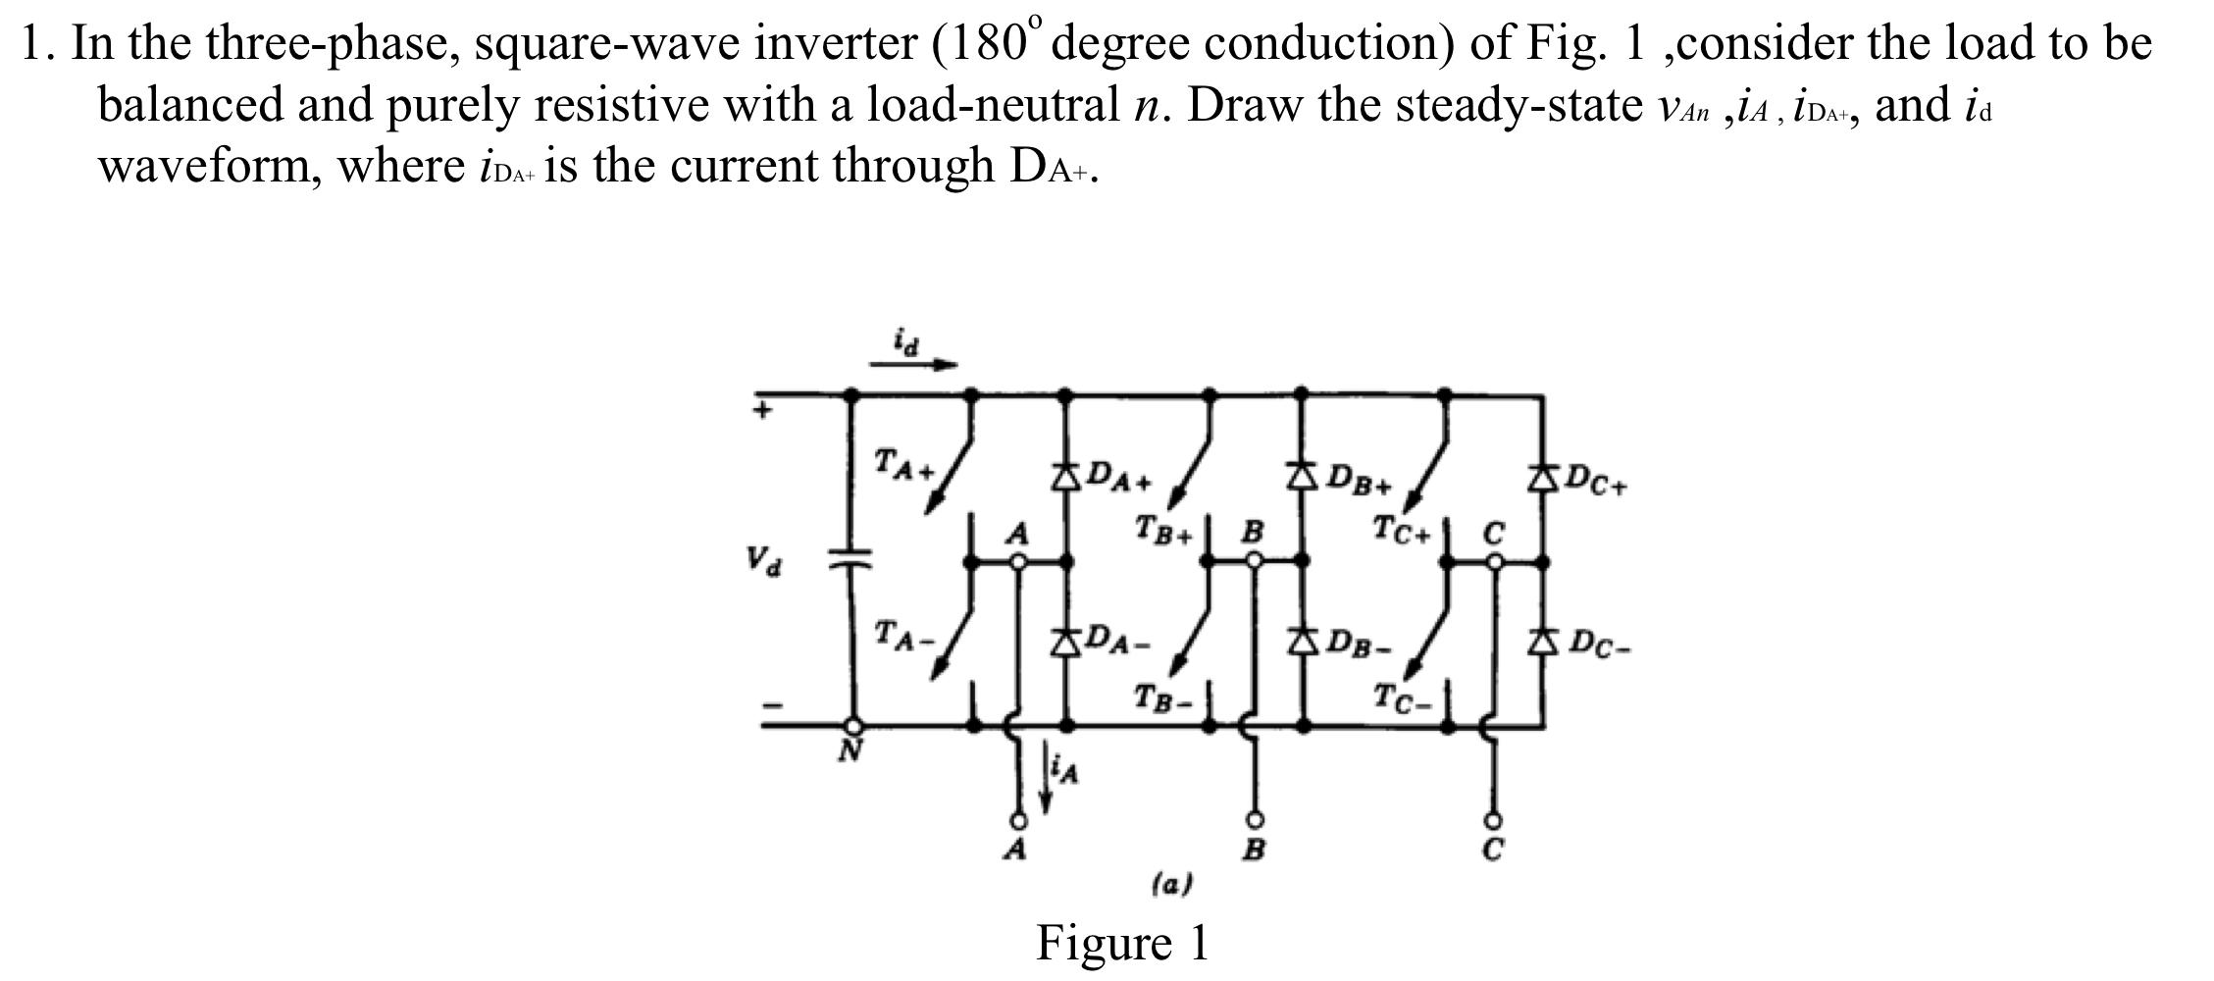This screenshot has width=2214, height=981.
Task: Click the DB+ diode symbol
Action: (x=1303, y=478)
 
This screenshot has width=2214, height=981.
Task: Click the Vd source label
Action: (x=763, y=561)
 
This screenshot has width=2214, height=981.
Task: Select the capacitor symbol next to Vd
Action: (x=850, y=560)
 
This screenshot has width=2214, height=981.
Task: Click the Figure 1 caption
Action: (x=1122, y=943)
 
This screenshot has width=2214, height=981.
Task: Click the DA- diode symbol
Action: (x=1066, y=643)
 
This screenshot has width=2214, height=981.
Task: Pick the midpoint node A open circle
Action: (x=1019, y=562)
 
